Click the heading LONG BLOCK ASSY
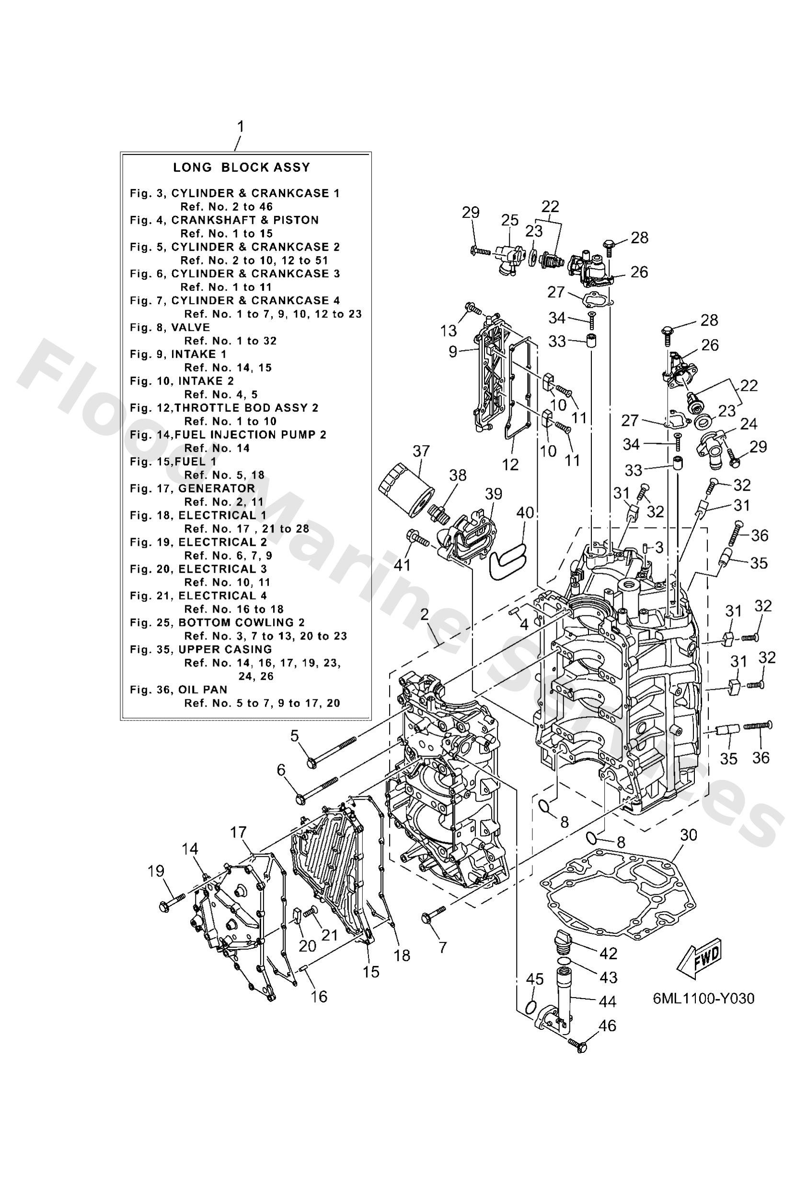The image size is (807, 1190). [x=241, y=167]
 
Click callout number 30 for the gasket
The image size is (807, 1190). [x=689, y=835]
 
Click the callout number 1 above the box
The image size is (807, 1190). [x=240, y=127]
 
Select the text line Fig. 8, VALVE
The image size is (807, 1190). [x=170, y=327]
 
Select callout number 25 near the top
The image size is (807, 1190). [x=509, y=221]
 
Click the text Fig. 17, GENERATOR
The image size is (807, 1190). [x=192, y=488]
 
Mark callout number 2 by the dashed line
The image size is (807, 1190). [x=424, y=615]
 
